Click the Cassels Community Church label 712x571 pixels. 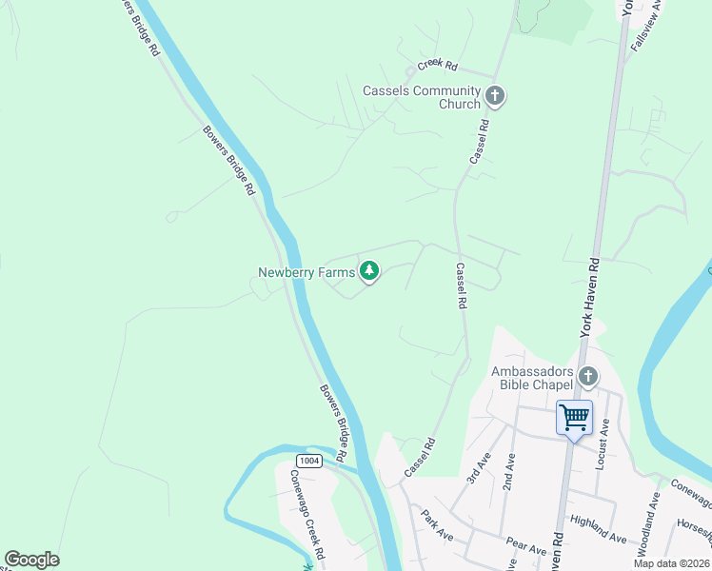pyautogui.click(x=420, y=97)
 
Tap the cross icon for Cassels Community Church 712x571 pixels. pyautogui.click(x=494, y=95)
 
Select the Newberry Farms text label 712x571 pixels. pyautogui.click(x=306, y=272)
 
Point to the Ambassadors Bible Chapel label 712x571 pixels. pyautogui.click(x=532, y=378)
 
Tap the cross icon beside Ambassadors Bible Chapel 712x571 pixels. pyautogui.click(x=587, y=377)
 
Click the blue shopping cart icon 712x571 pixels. pyautogui.click(x=574, y=417)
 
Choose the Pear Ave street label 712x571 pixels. pyautogui.click(x=526, y=549)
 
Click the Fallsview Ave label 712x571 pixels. pyautogui.click(x=650, y=26)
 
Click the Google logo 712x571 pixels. pyautogui.click(x=31, y=560)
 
